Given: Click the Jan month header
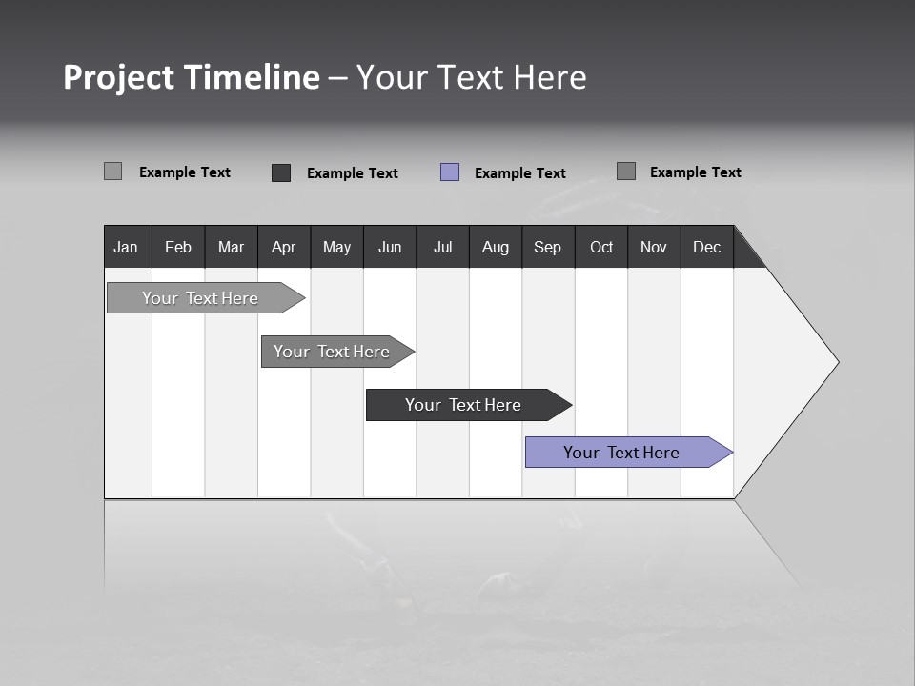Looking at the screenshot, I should [127, 247].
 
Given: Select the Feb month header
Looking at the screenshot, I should [178, 247].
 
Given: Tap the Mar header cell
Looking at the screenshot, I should [231, 247].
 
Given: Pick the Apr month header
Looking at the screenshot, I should [284, 247].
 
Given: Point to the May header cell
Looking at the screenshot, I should [336, 247].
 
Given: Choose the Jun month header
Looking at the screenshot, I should [390, 247].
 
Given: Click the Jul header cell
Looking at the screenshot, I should [442, 247].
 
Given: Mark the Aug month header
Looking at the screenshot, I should [496, 247].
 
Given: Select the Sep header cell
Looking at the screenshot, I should [548, 247].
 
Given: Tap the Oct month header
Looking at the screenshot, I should [601, 247].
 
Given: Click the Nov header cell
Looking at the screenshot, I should [654, 247].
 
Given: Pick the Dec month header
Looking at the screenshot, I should [707, 247].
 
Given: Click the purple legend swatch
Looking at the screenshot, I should [450, 172].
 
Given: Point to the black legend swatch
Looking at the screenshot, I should [281, 172].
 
